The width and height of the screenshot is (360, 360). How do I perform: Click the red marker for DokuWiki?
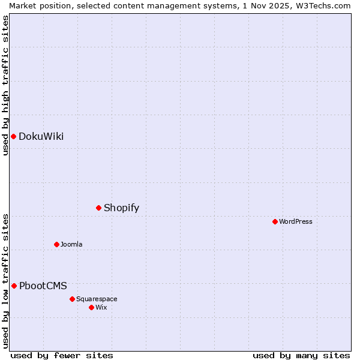coord(13,136)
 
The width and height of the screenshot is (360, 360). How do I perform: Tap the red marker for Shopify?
coord(98,208)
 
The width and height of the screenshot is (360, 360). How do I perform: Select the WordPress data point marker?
coord(275,221)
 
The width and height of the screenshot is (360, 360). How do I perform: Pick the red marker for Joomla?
coord(56,244)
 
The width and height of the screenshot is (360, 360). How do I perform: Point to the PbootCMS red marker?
coord(14,286)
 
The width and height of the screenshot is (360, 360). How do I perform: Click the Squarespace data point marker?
coord(72,299)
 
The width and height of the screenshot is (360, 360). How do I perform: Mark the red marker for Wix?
coord(91,307)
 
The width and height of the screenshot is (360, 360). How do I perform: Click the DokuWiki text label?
coord(41,136)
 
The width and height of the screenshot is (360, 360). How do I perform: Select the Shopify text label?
coord(121,208)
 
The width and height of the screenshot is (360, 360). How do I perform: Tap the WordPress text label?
coord(296,221)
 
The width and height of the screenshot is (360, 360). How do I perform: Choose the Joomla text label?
coord(71,244)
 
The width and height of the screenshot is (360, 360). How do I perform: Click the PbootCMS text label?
coord(43,286)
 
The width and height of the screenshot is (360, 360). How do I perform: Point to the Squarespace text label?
coord(97,299)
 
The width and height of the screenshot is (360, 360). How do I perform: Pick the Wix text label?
coord(101,307)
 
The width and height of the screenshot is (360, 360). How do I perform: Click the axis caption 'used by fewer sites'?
coord(62,355)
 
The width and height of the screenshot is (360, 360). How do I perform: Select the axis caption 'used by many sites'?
coord(301,355)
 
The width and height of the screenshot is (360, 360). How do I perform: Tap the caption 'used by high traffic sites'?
coord(5,85)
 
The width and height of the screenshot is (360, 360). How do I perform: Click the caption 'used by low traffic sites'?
coord(5,280)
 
